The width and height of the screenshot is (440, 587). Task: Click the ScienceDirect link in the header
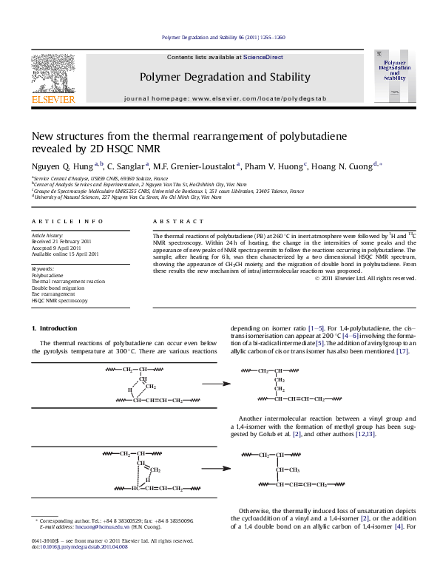click(263, 57)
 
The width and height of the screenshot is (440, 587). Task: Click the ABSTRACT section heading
click(177, 221)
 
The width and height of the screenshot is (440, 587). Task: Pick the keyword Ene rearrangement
click(53, 294)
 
